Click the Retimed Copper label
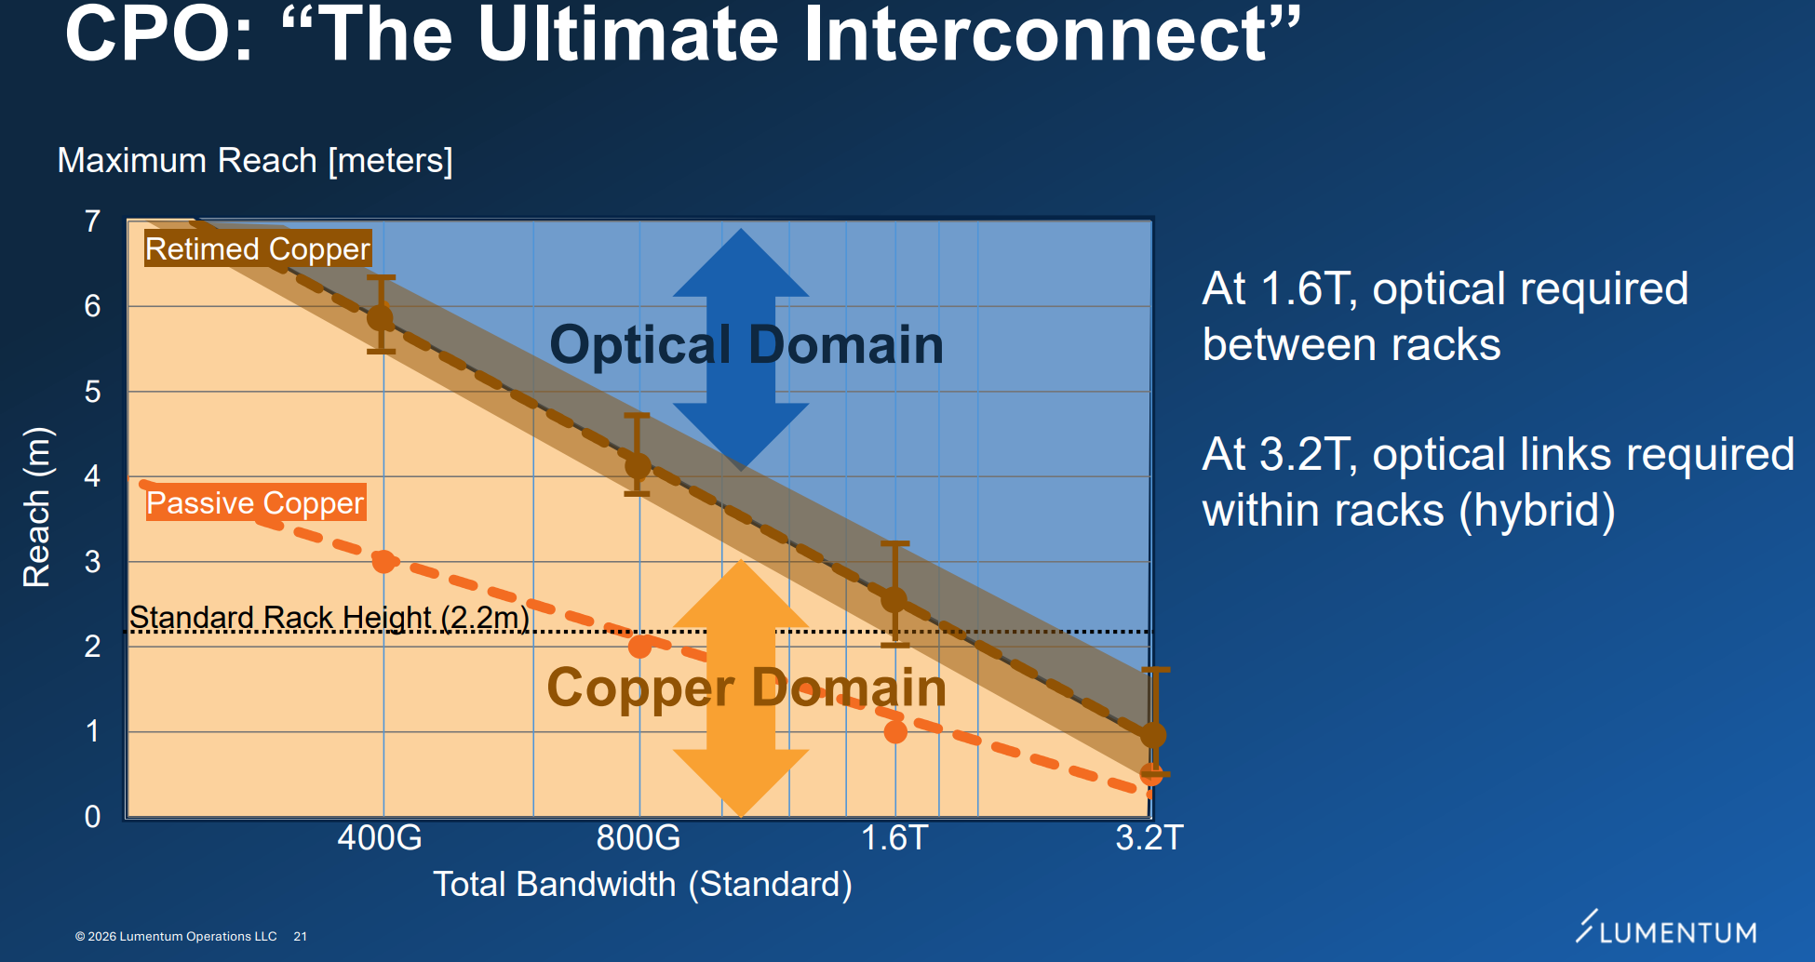pos(258,248)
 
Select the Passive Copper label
pos(255,502)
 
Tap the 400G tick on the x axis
pos(380,837)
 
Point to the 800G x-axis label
pos(639,837)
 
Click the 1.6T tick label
pos(894,837)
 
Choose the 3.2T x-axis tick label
pos(1149,837)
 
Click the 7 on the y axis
pos(92,221)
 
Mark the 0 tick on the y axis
pos(92,816)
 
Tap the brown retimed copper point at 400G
pos(380,317)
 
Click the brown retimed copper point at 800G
pos(638,464)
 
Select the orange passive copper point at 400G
pos(383,561)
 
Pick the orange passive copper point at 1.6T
pos(895,731)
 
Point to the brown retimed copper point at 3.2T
pos(1153,735)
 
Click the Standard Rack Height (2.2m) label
pos(329,617)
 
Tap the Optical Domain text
pos(746,344)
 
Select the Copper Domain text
pos(746,688)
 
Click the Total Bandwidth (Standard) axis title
pos(643,884)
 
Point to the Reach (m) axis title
pos(36,507)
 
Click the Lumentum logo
pos(1666,929)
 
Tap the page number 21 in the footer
pos(300,937)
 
